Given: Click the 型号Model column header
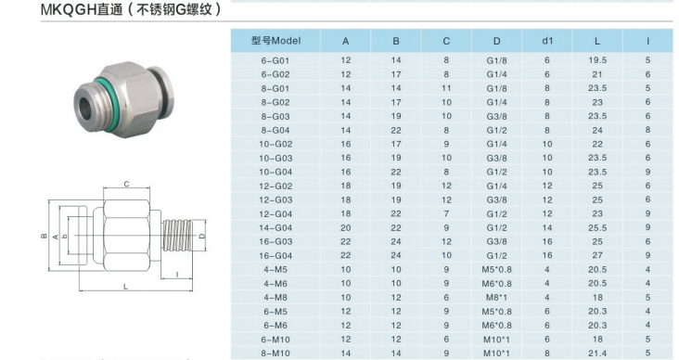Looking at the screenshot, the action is [275, 41].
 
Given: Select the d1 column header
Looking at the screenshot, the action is [547, 41].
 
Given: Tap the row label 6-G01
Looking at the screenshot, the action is [275, 60].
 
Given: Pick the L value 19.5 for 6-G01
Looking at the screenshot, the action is [597, 60].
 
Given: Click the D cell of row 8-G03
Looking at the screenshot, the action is [496, 117].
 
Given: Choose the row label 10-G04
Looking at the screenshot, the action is [275, 172].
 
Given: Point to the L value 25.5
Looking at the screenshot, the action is [597, 227].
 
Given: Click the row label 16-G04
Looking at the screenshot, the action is [275, 255].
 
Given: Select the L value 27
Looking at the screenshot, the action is [597, 255].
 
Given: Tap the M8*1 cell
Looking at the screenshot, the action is [496, 298].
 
